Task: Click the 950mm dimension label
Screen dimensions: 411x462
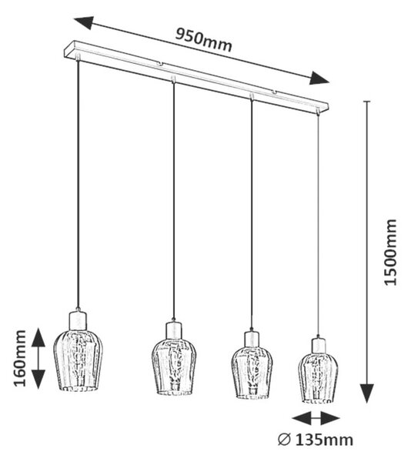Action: [204, 40]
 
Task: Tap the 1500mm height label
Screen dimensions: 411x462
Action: [391, 252]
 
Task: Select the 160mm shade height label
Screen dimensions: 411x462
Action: [20, 358]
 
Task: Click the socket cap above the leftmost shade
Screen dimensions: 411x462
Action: [79, 320]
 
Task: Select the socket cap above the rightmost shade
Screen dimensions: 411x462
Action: [318, 345]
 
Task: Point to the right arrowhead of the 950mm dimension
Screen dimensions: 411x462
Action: [319, 79]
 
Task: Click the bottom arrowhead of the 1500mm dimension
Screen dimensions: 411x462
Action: [366, 393]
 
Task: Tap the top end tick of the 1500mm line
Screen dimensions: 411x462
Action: [366, 102]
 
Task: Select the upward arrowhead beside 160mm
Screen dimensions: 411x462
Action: [38, 338]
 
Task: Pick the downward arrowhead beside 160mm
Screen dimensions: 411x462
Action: [38, 379]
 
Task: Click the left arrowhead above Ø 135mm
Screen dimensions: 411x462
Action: [302, 418]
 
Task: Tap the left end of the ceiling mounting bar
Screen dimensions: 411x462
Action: [67, 49]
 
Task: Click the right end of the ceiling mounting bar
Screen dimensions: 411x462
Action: [326, 106]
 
